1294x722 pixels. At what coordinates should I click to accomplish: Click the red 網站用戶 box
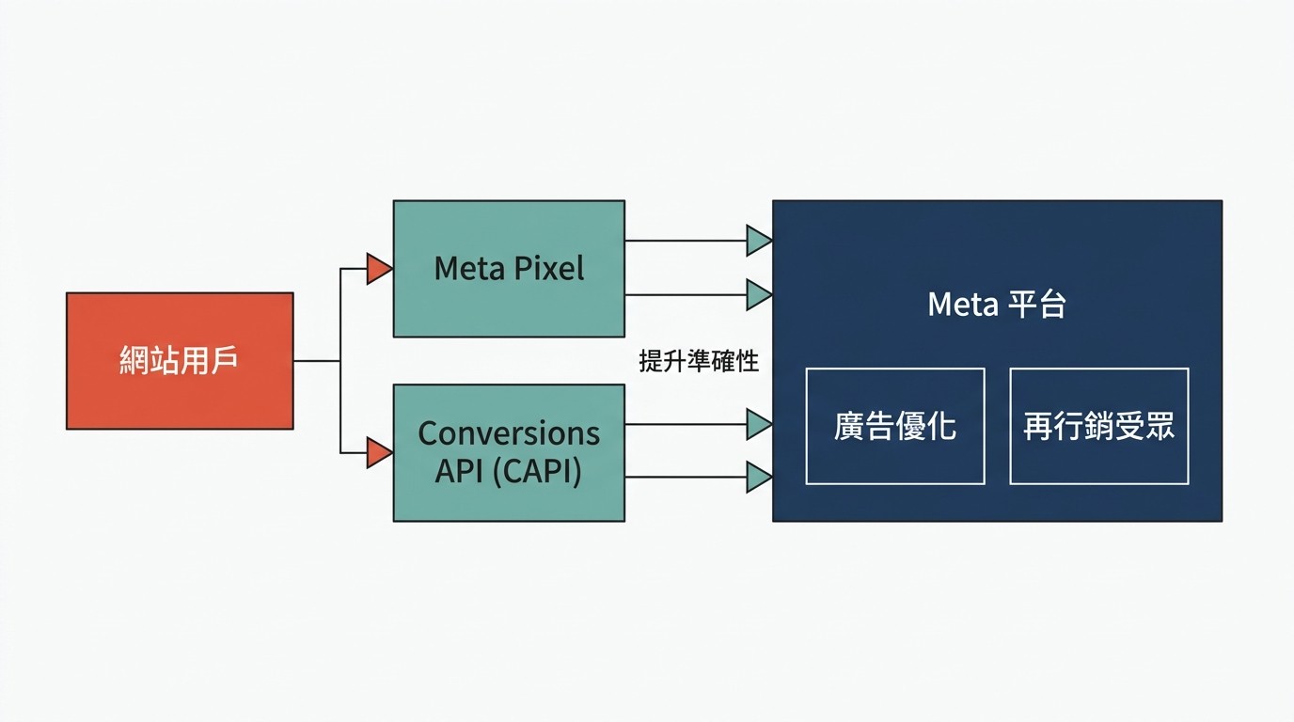180,361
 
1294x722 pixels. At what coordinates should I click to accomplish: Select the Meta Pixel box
509,269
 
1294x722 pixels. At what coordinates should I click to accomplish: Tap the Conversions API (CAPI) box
509,452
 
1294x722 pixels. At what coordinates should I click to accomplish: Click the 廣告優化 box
895,426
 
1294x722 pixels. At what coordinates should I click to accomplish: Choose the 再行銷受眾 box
1099,426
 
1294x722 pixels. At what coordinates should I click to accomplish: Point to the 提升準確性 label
699,361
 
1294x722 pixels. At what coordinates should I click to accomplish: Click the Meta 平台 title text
997,305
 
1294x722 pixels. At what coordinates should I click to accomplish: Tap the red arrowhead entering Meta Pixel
379,269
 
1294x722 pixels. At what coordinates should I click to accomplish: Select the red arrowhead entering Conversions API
379,452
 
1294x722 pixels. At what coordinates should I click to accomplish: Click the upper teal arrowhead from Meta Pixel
759,241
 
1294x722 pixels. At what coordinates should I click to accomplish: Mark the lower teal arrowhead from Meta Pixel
759,295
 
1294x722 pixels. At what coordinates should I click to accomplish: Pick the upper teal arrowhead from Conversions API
759,424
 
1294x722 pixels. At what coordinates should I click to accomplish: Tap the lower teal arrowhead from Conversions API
759,478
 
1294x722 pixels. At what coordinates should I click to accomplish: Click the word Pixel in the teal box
549,269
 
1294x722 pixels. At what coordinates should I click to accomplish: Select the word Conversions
509,433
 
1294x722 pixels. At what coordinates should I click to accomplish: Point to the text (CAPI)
538,470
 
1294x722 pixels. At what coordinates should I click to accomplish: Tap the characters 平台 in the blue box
1037,305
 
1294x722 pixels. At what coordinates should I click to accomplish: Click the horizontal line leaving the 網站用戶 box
316,361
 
